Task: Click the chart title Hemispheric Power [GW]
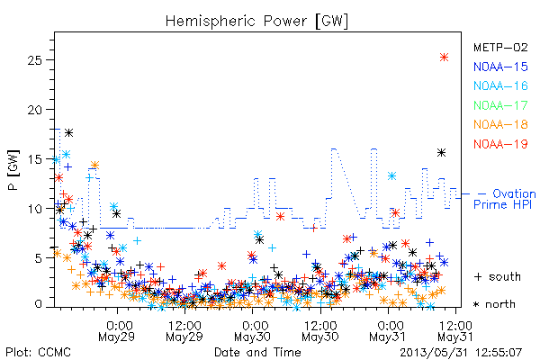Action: click(256, 21)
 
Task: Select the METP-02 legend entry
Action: click(500, 47)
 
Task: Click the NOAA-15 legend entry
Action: click(500, 67)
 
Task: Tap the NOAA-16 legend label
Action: click(500, 85)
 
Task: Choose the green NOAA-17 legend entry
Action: click(500, 105)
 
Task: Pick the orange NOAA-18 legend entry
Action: click(500, 124)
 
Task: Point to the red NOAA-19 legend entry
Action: click(500, 144)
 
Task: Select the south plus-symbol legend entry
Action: click(498, 276)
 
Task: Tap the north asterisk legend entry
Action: click(494, 304)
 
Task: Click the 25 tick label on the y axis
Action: click(34, 60)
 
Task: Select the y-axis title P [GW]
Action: click(13, 170)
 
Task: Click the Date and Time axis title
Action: click(257, 352)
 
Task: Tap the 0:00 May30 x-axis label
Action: click(252, 331)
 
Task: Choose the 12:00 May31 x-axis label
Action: click(455, 331)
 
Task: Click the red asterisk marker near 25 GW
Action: click(444, 58)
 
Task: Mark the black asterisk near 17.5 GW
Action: click(69, 132)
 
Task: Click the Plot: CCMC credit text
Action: click(38, 352)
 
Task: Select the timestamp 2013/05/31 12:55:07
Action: click(461, 352)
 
